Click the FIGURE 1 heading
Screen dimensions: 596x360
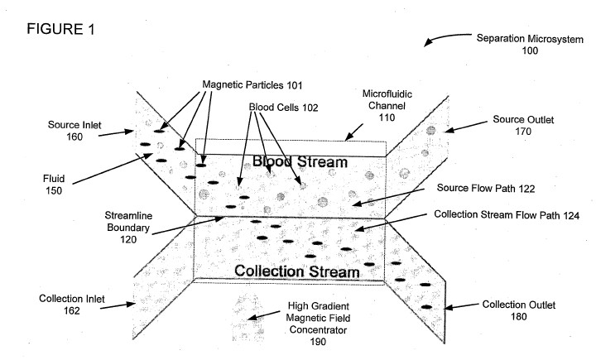60,29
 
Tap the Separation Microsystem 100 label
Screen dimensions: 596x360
530,44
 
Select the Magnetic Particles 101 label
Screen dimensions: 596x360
252,84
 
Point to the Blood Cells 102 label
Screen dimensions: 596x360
283,108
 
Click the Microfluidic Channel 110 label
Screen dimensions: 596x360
387,106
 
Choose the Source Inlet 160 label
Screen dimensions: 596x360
74,131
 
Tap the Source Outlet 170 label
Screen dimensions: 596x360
523,125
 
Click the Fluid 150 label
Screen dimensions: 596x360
54,185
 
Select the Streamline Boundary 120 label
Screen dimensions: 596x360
128,228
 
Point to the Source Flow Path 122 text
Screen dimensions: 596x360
486,188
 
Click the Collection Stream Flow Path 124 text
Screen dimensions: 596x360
507,215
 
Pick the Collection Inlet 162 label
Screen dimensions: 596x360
72,305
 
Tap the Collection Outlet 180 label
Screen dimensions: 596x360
518,310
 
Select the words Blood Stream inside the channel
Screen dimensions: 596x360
300,162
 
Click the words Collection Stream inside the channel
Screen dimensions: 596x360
297,271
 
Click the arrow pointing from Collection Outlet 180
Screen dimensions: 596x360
461,306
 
